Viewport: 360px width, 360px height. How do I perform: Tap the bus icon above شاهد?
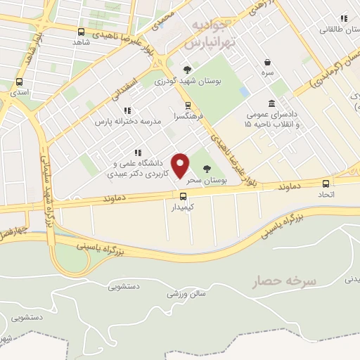[82, 32]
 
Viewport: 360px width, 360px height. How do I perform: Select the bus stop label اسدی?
[19, 92]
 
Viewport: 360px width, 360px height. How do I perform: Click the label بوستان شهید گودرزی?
[187, 82]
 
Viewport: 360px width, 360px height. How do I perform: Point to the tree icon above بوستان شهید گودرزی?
[187, 70]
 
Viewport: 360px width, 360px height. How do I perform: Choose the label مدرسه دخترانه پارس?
[128, 122]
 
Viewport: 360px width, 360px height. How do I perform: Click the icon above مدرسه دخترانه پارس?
[127, 110]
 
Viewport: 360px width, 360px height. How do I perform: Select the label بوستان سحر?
[207, 181]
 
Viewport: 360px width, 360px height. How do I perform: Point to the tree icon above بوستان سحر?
[206, 169]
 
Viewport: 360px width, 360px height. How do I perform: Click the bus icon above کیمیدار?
[183, 196]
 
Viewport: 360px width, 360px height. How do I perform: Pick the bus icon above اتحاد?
[331, 181]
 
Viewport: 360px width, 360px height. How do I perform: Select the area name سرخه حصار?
[286, 281]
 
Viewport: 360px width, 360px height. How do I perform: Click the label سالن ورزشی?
[187, 295]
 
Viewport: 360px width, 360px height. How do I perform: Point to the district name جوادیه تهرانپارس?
[209, 33]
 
